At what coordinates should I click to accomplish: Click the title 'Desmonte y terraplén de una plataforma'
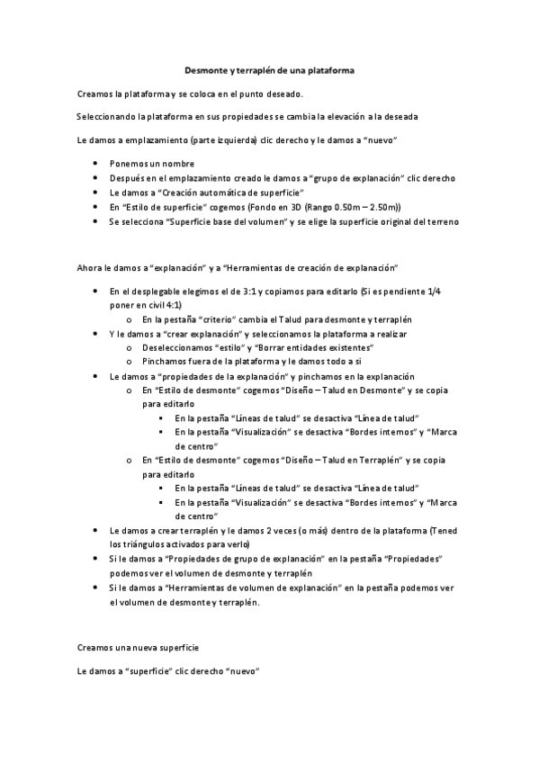269,69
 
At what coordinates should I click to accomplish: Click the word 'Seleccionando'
106,117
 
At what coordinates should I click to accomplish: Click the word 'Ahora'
91,269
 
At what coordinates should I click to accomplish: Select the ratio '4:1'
172,305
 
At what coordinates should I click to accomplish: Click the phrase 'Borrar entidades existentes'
317,347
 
